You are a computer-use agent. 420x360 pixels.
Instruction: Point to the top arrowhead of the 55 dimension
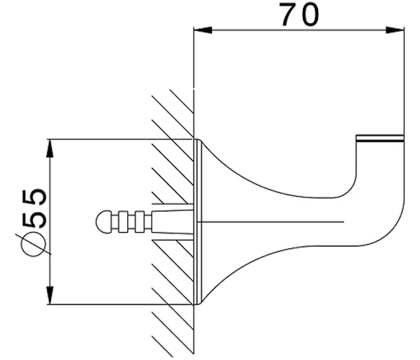coord(51,147)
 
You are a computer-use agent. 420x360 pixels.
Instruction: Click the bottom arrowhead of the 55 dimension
coord(51,297)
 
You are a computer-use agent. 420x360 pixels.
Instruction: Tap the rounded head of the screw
coord(103,223)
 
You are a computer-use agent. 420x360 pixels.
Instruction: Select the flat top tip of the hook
coord(379,137)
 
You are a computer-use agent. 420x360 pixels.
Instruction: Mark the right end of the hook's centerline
coord(343,223)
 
